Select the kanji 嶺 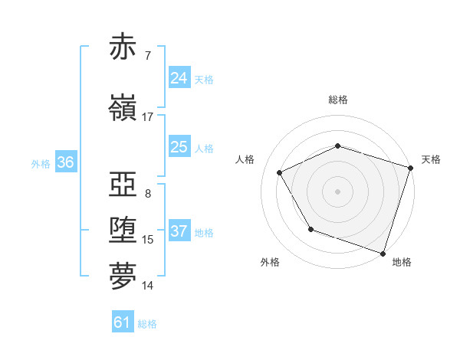(123, 109)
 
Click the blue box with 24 (179, 78)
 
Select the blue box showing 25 (179, 148)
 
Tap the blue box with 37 (179, 232)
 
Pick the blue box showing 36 (66, 162)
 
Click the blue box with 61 (123, 322)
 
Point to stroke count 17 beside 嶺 (148, 117)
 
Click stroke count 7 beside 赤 (147, 56)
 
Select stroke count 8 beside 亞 (147, 193)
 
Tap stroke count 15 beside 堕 (148, 240)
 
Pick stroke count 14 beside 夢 (148, 286)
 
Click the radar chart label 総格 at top (338, 100)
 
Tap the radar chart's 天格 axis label (431, 159)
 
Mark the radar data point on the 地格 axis (383, 253)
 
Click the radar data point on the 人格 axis (280, 173)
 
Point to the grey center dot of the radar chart (338, 191)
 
